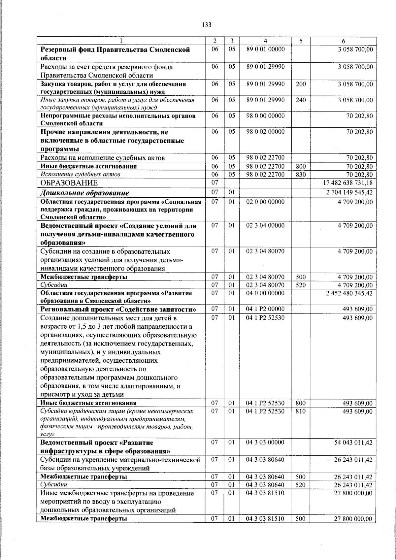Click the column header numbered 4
click(x=265, y=41)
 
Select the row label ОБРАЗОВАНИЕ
click(x=69, y=183)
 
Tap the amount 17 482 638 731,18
click(x=349, y=182)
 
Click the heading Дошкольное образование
click(x=84, y=193)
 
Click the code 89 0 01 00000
click(x=265, y=49)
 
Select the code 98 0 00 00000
click(x=265, y=116)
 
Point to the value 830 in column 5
click(x=301, y=174)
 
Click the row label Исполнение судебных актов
click(x=80, y=174)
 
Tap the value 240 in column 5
click(x=301, y=100)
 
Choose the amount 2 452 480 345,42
click(x=349, y=293)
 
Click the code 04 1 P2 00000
click(x=265, y=309)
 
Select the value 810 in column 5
click(x=301, y=412)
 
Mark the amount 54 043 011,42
click(x=353, y=443)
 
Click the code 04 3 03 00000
click(x=265, y=443)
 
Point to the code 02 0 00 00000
click(x=265, y=202)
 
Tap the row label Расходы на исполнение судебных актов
click(x=102, y=158)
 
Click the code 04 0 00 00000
click(x=265, y=293)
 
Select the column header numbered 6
click(x=344, y=41)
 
